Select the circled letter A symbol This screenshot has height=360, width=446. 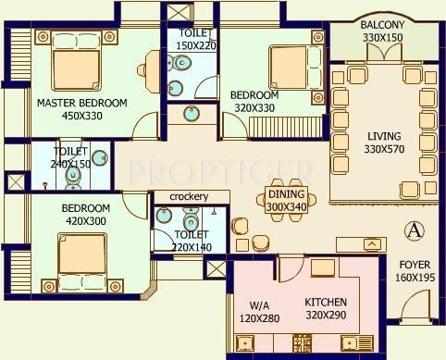pos(415,229)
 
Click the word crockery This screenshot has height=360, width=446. pos(189,196)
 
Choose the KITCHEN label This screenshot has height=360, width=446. pos(326,302)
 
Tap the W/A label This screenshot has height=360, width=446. pos(259,304)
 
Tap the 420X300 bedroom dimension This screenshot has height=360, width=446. pos(86,221)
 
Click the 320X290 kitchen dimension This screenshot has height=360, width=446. pos(326,315)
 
